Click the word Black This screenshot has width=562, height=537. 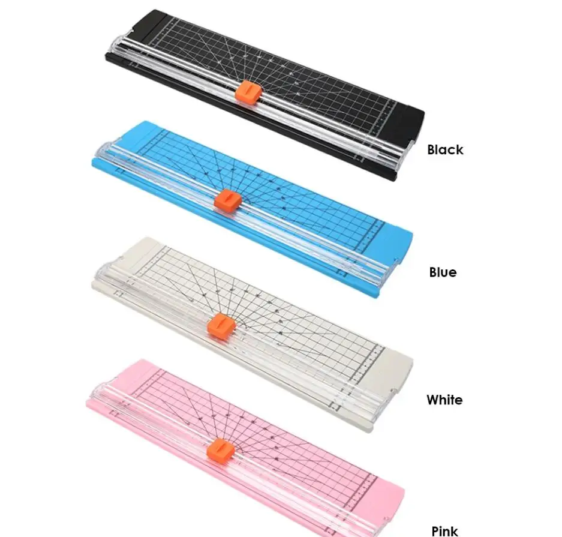point(445,150)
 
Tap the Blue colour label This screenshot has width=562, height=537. point(443,272)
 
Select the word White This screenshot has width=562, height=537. point(444,400)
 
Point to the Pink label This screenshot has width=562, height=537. point(444,530)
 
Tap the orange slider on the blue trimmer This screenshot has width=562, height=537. point(227,200)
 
